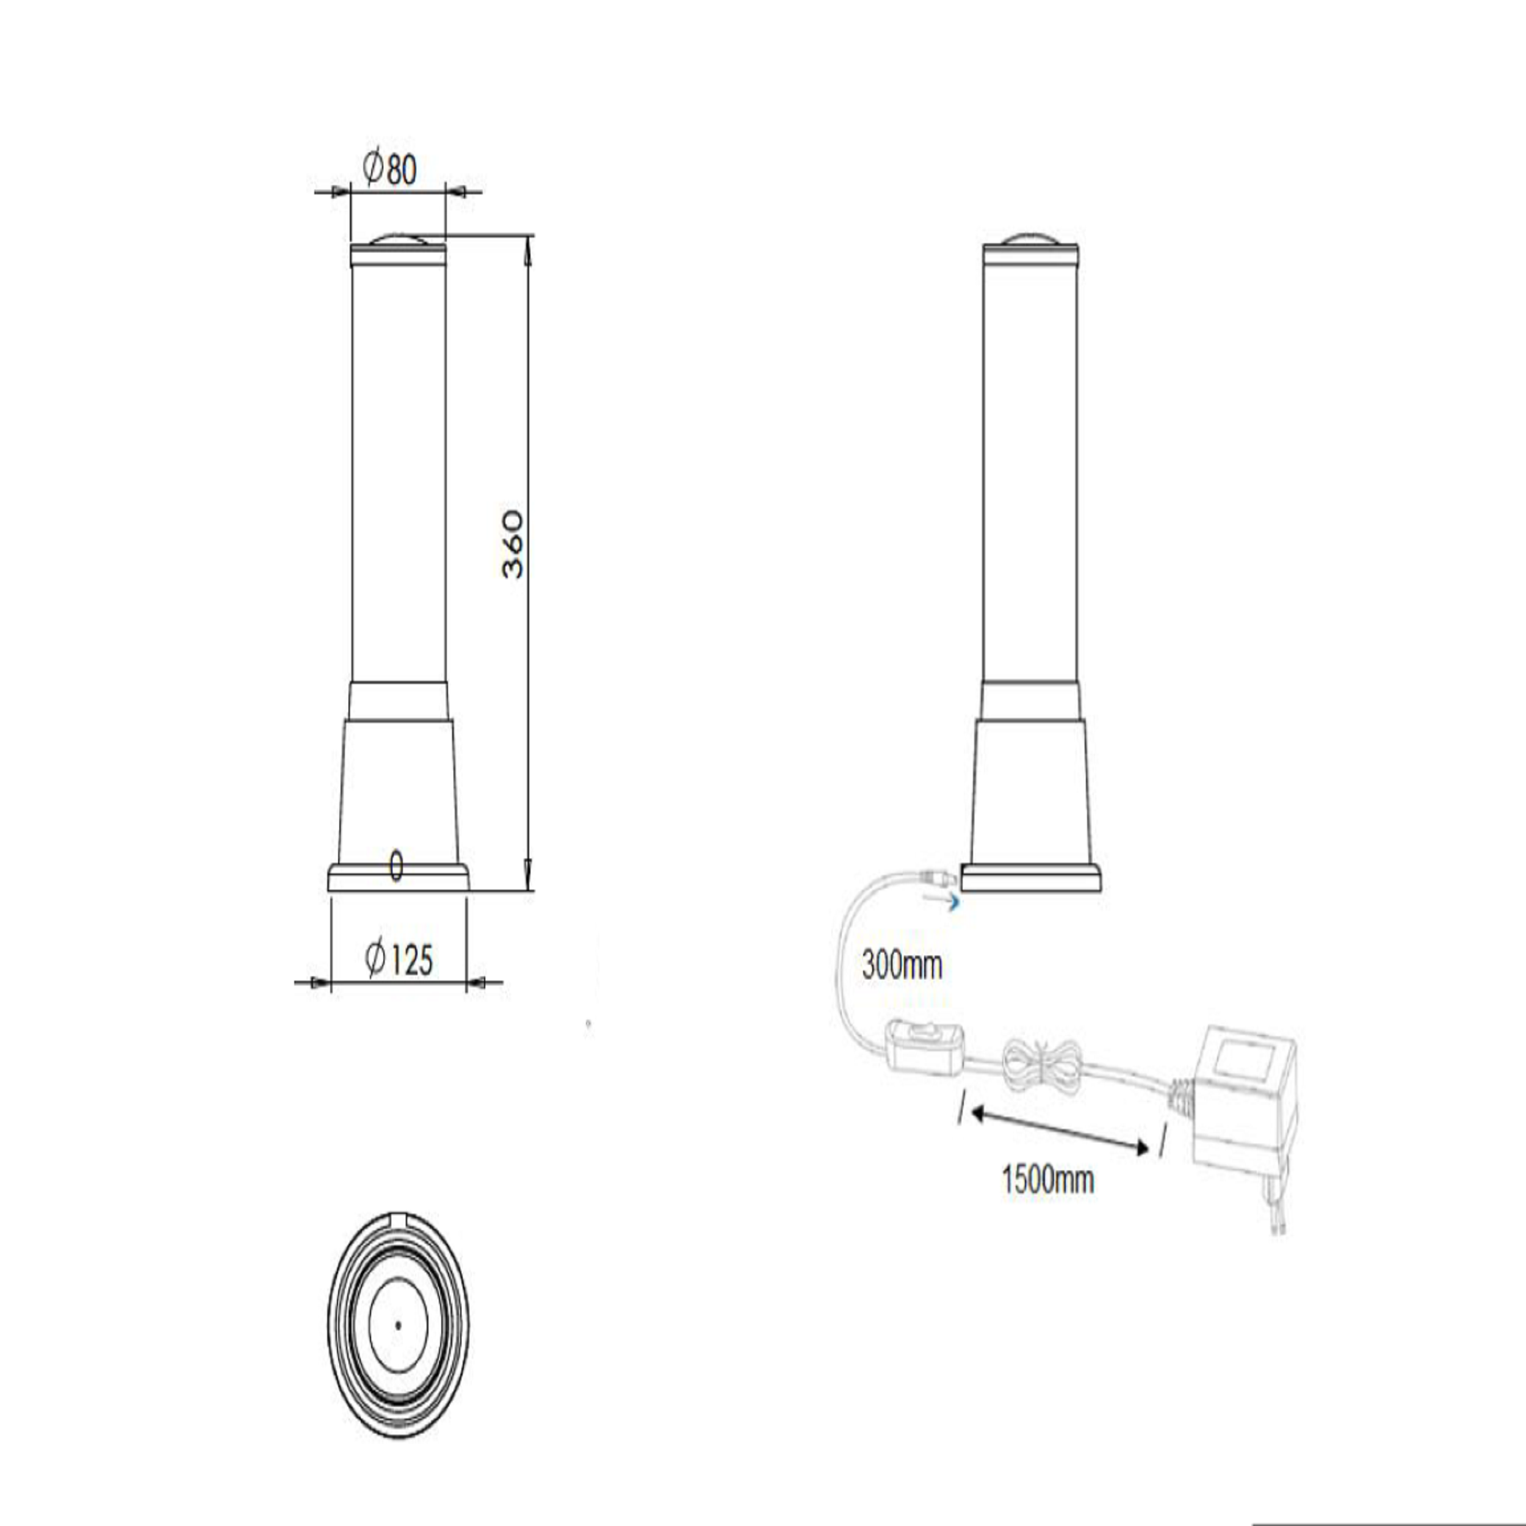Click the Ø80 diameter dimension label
pos(389,169)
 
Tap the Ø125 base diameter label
pos(399,960)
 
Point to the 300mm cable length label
pos(902,965)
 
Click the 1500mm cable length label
pos(1048,1180)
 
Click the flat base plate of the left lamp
pos(398,879)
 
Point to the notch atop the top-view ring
pos(398,1219)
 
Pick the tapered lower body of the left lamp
pos(398,790)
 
